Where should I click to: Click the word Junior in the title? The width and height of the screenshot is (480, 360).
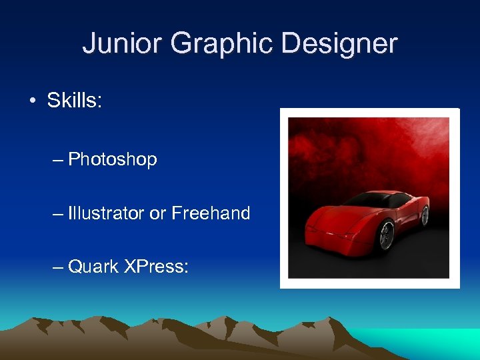point(122,44)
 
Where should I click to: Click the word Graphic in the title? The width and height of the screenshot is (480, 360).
point(222,44)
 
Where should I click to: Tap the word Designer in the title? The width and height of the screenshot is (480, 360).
point(339,44)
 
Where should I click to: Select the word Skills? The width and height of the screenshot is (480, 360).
point(74,101)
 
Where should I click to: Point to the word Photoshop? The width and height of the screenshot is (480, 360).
point(113,159)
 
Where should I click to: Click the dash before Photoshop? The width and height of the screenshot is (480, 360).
point(58,160)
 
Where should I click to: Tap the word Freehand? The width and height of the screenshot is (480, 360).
point(211,213)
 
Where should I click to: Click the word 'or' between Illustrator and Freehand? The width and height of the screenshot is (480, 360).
point(157,214)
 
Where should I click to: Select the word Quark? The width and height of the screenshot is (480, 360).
point(93,267)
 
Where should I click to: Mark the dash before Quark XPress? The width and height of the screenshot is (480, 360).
point(58,267)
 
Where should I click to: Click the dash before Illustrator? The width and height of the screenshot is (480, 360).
point(58,214)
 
